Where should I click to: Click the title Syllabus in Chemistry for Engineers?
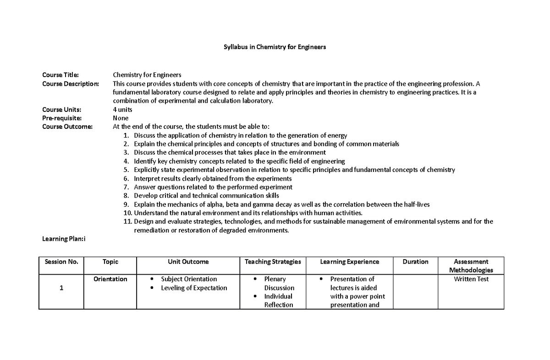275,47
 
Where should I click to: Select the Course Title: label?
60,75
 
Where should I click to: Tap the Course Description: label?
70,83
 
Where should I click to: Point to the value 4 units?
122,110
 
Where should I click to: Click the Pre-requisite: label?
62,118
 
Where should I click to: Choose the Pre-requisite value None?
121,118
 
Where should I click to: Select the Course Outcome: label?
67,127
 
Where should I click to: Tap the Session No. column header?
61,262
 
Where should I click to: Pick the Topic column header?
110,262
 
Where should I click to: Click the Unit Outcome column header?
188,262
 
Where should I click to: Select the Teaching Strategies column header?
273,262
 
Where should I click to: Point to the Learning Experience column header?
349,262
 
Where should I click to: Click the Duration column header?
415,262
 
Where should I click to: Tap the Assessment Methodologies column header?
471,266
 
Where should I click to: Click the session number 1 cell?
61,288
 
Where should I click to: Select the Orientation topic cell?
110,279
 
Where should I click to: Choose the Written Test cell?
471,279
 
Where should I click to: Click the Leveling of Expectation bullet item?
194,288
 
